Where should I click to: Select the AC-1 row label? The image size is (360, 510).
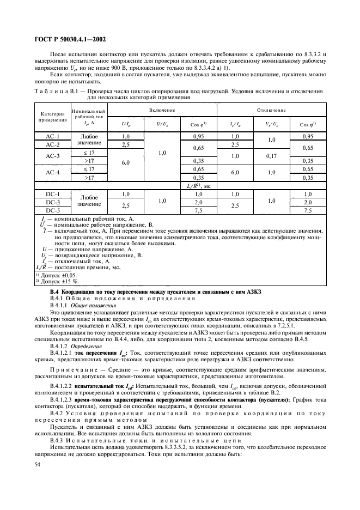[x=52, y=136]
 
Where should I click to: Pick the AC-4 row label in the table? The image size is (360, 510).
[x=52, y=173]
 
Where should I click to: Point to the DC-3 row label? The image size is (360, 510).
[x=52, y=202]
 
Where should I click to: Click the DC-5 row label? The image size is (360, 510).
[x=52, y=210]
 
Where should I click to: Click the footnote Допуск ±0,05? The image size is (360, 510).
[x=57, y=275]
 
